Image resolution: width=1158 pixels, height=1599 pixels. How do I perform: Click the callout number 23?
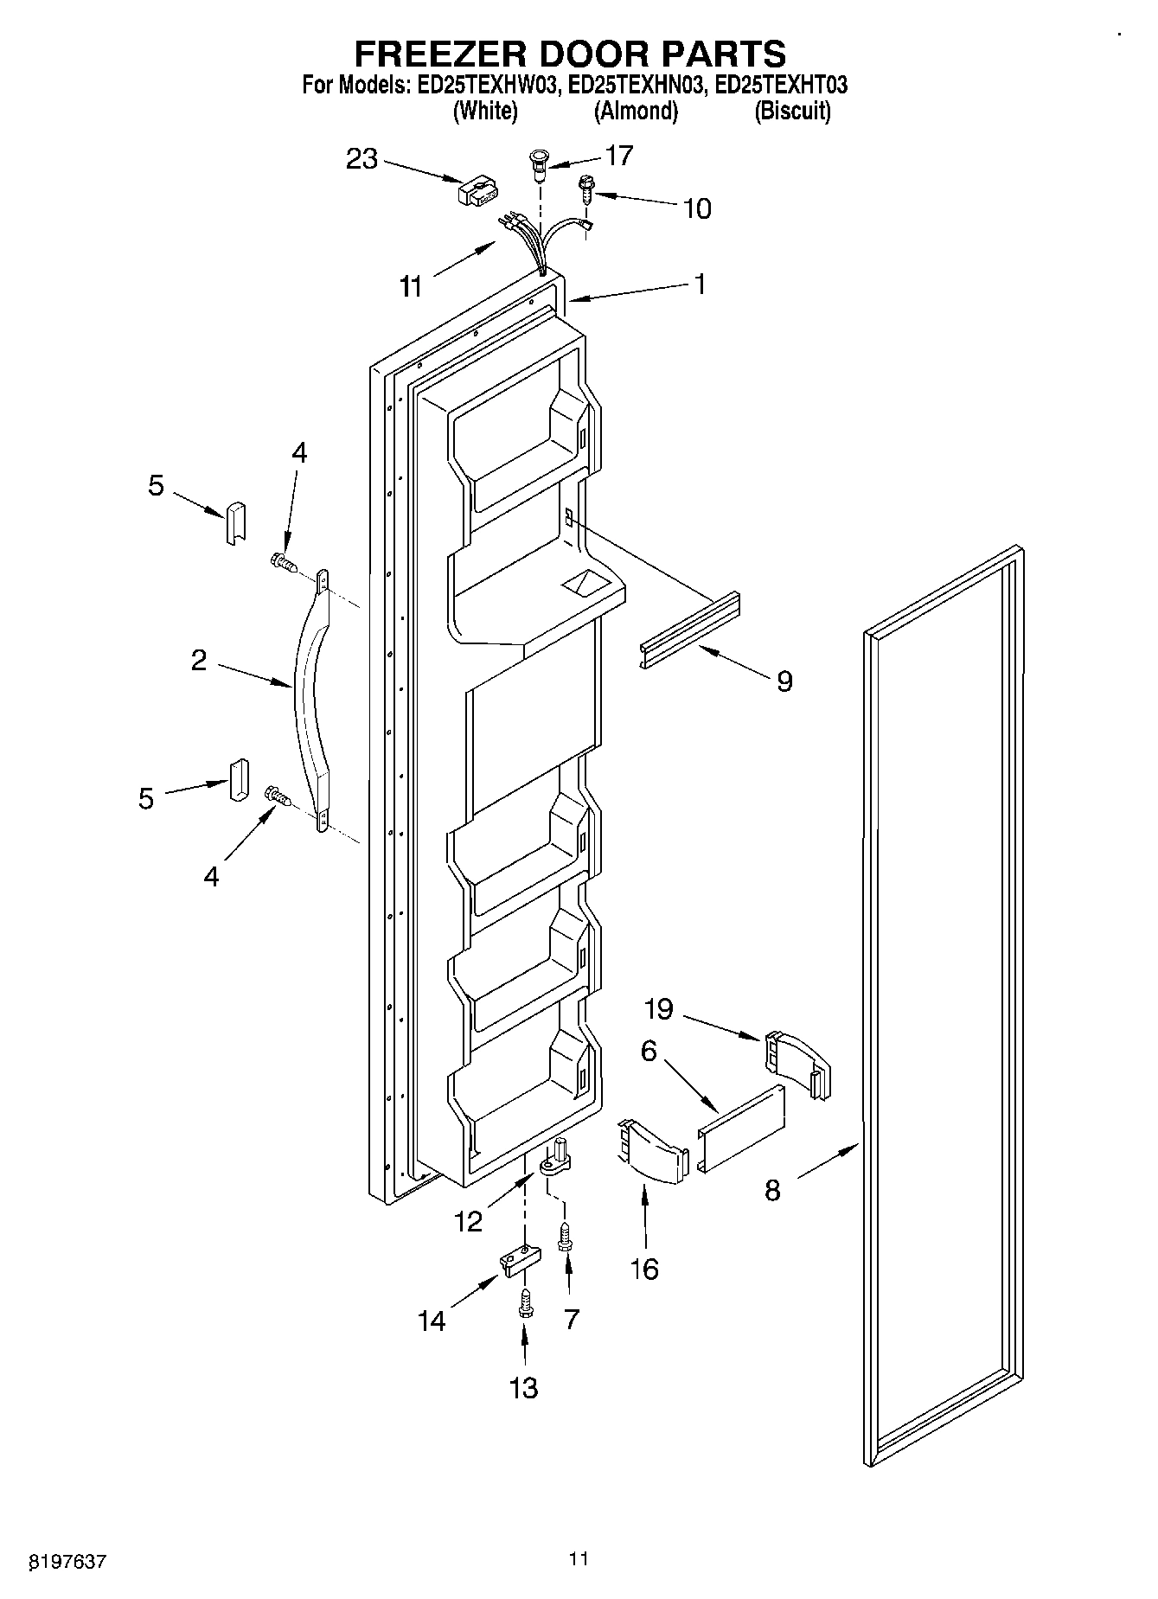coord(362,159)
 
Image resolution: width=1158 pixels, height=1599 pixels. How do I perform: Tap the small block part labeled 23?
coord(478,191)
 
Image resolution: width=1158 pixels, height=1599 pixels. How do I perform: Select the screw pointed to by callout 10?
coord(585,188)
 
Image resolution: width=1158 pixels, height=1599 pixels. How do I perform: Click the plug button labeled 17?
coord(538,163)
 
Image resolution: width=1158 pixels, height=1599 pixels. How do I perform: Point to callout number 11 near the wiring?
coord(412,286)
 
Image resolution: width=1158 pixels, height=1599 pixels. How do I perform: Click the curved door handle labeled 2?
coord(308,692)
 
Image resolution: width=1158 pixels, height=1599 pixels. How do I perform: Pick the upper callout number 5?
coord(156,486)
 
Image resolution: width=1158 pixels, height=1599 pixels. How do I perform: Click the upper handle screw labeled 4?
coord(283,563)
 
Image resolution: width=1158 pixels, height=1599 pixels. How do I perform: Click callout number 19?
coord(659,1008)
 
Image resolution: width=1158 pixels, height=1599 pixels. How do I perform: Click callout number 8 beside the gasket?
coord(772,1190)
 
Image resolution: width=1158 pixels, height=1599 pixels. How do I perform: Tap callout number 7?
coord(571,1320)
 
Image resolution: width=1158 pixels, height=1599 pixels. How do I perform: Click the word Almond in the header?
coord(636,112)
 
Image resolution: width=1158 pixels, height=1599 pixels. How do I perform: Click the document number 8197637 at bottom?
coord(67,1561)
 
